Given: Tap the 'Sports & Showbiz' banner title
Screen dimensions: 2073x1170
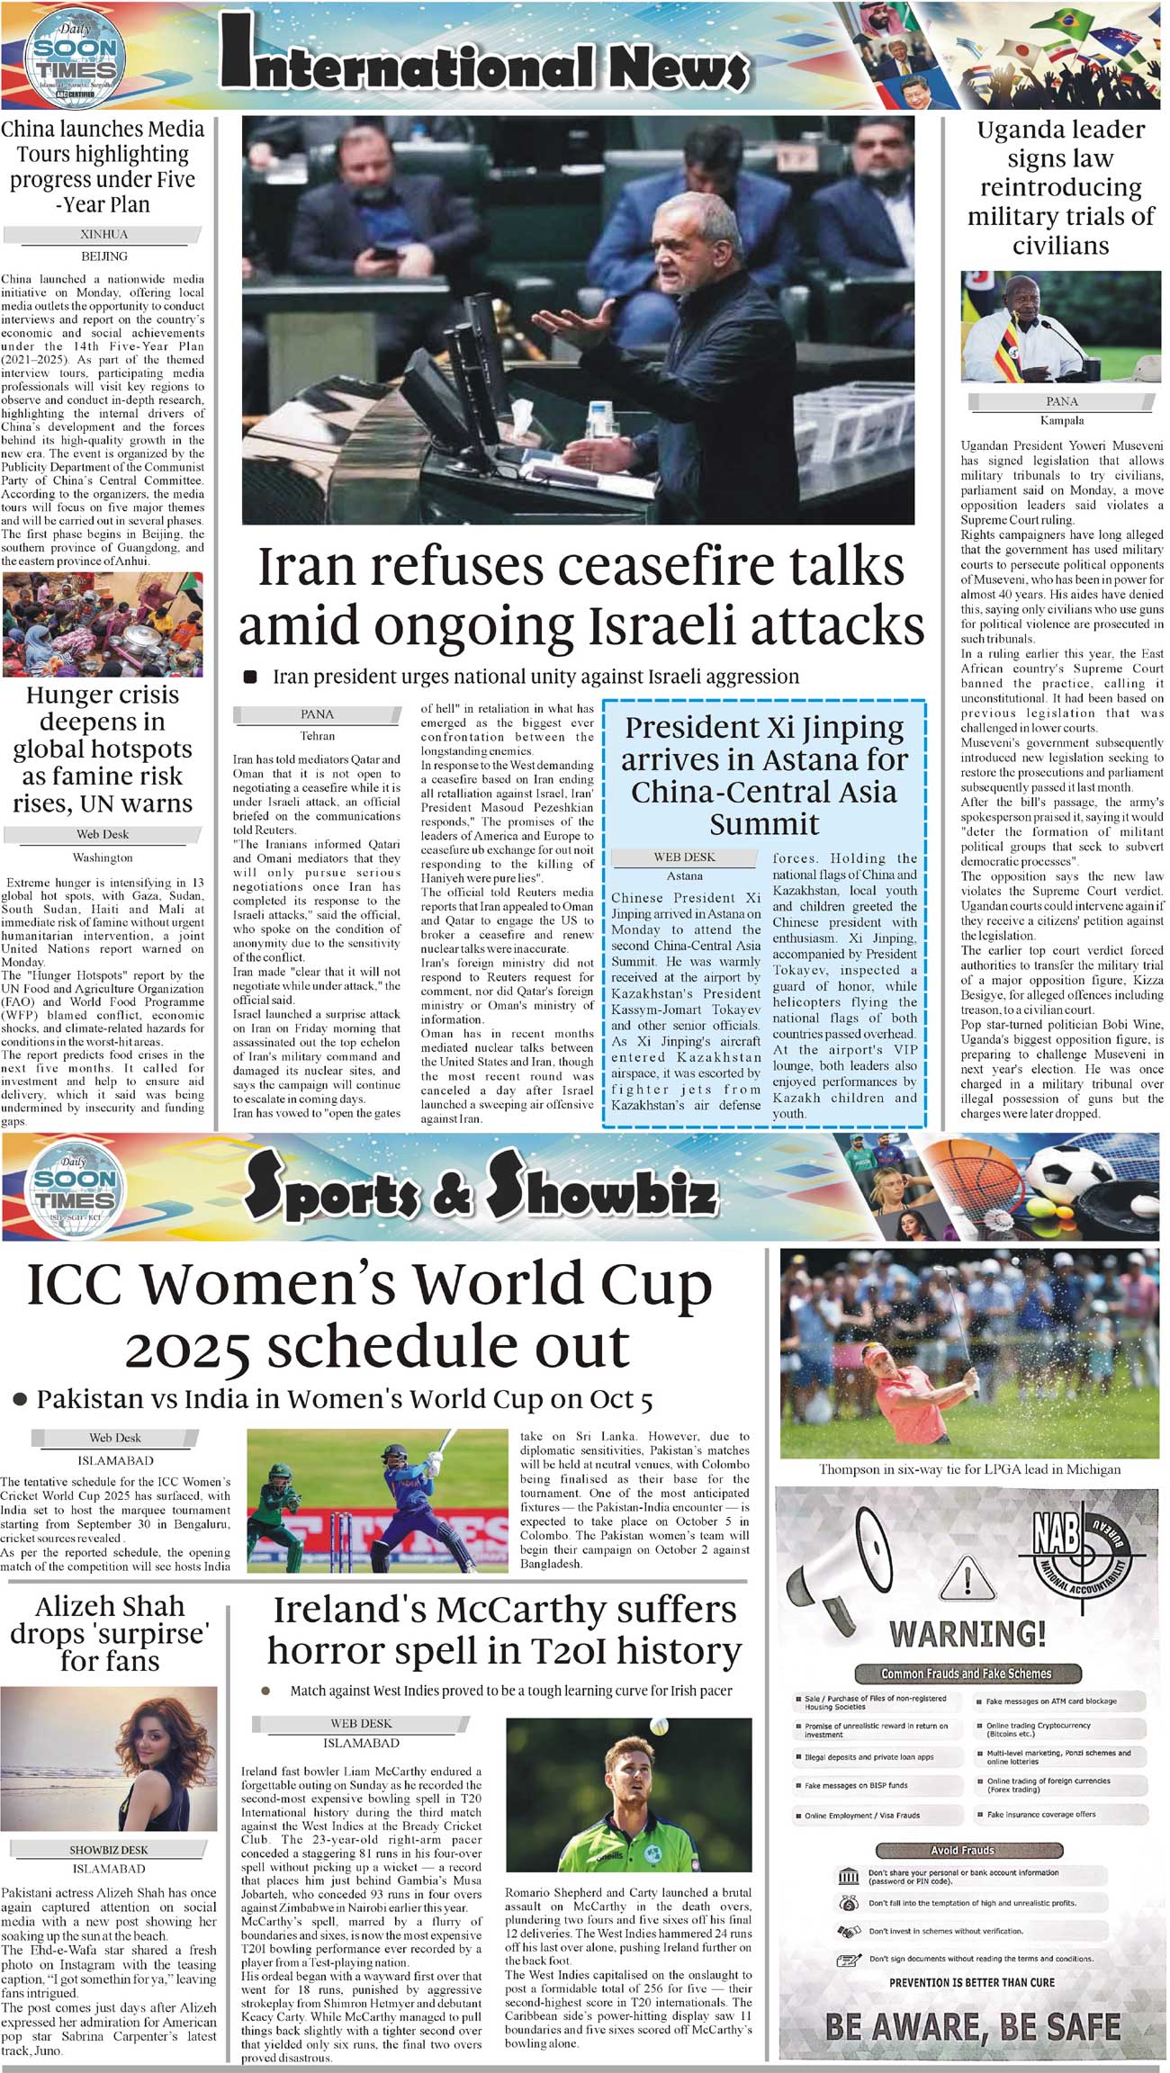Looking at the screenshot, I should (481, 1191).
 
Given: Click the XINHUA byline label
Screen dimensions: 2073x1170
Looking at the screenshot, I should (103, 235).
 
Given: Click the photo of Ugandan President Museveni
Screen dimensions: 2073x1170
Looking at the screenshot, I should (1061, 328).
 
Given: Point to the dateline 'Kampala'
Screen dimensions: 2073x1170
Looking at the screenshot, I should (1062, 420).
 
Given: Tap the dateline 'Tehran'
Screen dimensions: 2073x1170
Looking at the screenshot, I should (317, 736).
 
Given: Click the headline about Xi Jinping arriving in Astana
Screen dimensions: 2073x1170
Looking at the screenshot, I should (764, 775).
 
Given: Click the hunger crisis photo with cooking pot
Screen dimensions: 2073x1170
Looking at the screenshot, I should (103, 625).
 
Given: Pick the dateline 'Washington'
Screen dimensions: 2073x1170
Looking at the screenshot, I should (103, 857).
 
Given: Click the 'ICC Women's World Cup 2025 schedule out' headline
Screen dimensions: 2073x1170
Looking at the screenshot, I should (370, 1315).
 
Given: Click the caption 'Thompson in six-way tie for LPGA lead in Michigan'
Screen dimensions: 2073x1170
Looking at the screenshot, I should (969, 1469).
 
